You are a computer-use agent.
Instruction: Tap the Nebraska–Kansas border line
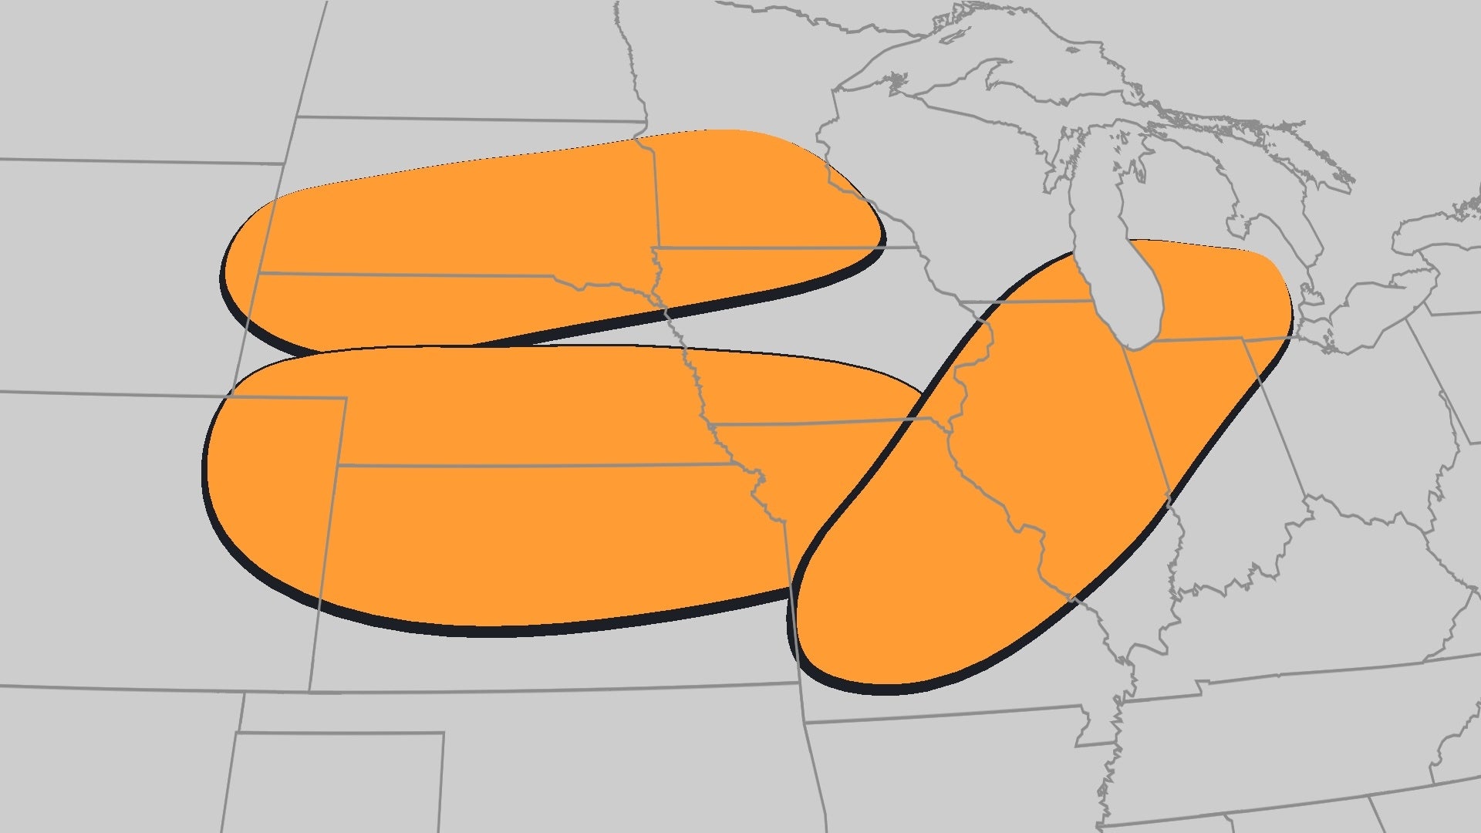coord(540,465)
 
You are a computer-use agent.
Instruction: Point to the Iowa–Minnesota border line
coord(771,248)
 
